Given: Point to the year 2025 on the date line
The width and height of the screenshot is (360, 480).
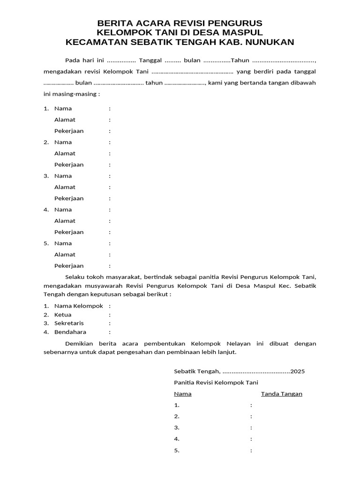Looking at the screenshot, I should [x=298, y=371].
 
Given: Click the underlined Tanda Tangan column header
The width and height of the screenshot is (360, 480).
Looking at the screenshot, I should [x=282, y=394].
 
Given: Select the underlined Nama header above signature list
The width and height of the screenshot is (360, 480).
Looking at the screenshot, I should [x=182, y=394].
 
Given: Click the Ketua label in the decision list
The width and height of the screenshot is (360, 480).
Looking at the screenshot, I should [x=63, y=315].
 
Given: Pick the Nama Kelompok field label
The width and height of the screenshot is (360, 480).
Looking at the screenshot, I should [x=78, y=306].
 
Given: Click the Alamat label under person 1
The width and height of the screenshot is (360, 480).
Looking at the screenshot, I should [x=65, y=120].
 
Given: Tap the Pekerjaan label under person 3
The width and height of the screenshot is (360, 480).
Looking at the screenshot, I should [x=69, y=198].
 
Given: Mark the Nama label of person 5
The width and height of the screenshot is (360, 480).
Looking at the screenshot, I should [x=63, y=243].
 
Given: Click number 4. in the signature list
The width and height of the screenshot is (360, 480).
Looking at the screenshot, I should [x=177, y=439].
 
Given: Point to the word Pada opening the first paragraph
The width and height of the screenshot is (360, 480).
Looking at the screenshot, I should [x=72, y=61].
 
